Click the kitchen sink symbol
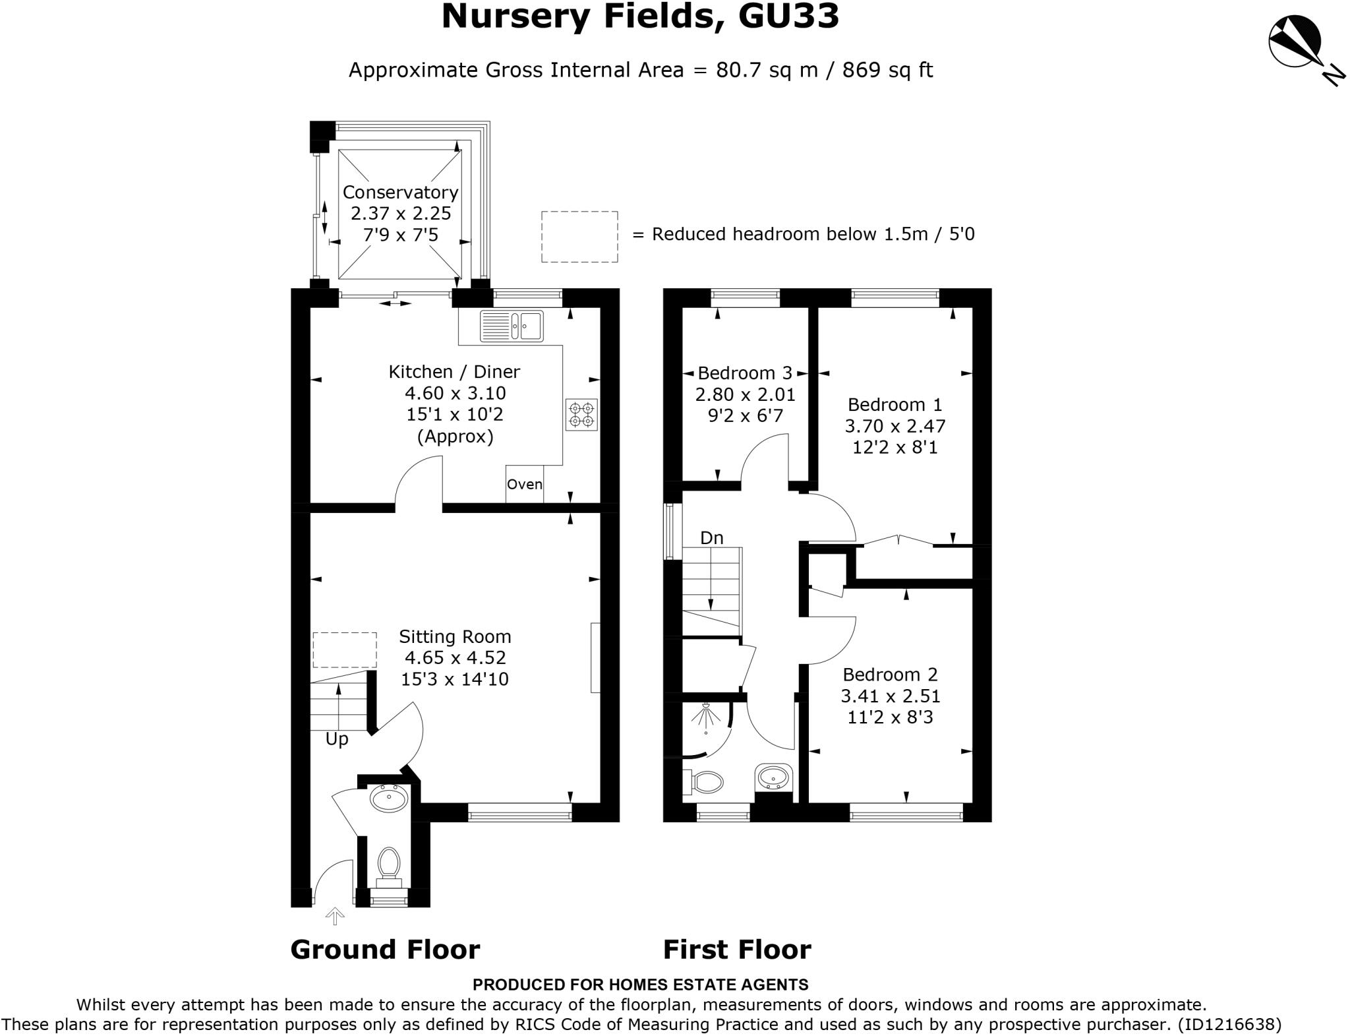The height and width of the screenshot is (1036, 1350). click(x=512, y=326)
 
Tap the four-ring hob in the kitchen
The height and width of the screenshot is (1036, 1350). click(x=581, y=414)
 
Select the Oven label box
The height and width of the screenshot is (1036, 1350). click(x=525, y=484)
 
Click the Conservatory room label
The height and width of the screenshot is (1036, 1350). click(x=400, y=192)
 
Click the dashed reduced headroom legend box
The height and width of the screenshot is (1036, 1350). click(x=579, y=236)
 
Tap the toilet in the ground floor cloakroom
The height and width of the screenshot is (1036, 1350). click(x=389, y=863)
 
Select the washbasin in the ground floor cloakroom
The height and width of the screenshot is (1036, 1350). click(x=389, y=799)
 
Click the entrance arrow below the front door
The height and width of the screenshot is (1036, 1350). click(x=335, y=915)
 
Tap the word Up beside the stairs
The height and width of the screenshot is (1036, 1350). click(x=337, y=739)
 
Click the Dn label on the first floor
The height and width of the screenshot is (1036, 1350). click(x=711, y=538)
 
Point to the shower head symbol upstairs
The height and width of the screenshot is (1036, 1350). click(x=706, y=716)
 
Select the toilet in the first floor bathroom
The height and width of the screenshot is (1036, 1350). click(x=704, y=782)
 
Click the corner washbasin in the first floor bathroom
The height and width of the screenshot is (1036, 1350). click(x=774, y=778)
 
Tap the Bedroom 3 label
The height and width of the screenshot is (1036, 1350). click(x=745, y=373)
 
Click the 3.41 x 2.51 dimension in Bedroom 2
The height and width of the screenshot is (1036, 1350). click(x=890, y=696)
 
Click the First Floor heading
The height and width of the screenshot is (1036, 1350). click(x=736, y=950)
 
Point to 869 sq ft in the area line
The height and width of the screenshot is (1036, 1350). click(x=887, y=70)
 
